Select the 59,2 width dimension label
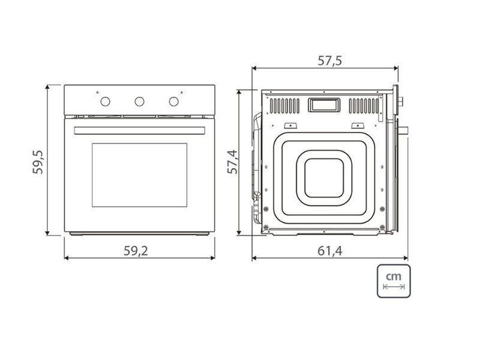(x=136, y=251)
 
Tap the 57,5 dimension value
(x=329, y=61)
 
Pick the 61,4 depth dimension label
(x=329, y=251)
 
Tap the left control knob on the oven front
(x=105, y=101)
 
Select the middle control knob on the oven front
(x=139, y=101)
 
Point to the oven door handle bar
(x=139, y=130)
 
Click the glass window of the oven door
(x=139, y=175)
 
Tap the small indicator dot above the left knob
(x=97, y=92)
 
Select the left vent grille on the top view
(x=284, y=106)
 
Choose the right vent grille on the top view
(x=364, y=106)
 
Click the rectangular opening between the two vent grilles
(x=323, y=105)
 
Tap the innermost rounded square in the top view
(x=324, y=178)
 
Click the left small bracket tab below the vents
(x=290, y=125)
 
